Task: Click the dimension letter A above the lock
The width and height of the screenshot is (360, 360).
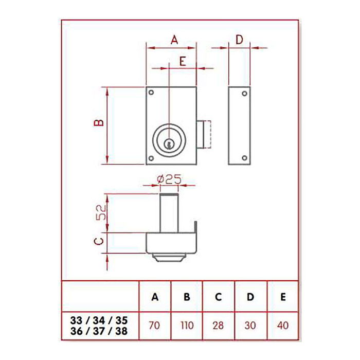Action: point(174,39)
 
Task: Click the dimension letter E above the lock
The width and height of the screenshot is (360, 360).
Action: point(183,61)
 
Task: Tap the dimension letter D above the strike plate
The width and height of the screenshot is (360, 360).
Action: point(239,39)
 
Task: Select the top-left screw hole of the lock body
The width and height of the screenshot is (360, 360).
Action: point(152,93)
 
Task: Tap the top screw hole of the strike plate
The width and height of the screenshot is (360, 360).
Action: point(245,94)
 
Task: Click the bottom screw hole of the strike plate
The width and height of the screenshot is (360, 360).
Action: point(245,157)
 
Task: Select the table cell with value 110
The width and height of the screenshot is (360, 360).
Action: point(187,325)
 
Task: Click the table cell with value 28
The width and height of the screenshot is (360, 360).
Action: point(219,325)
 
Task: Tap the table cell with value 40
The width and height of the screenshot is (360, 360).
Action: point(282,325)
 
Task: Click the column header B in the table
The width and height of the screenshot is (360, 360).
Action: point(187,297)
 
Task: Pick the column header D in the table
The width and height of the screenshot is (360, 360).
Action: point(250,297)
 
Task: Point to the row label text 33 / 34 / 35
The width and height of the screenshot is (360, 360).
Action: point(98,320)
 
